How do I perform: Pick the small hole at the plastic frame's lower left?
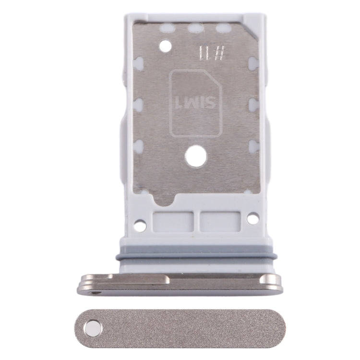coord(140,225)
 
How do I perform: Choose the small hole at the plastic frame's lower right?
coord(253,218)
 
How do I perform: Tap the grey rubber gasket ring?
coord(196,253)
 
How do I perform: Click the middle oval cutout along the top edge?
coord(195,28)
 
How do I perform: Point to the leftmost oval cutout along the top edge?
coord(167,28)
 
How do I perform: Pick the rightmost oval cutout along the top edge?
coord(223,28)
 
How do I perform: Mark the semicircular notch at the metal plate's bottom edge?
coord(164,198)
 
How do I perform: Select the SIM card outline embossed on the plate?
coord(195,103)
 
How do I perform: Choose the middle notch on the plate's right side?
coord(254,105)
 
